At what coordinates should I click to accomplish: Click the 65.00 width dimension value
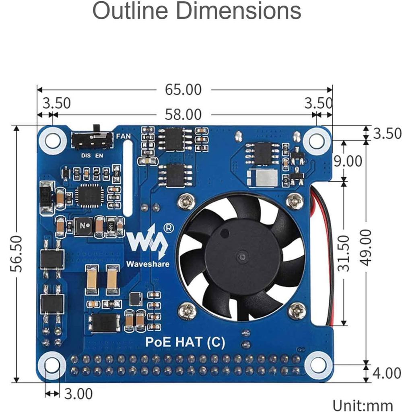click(x=183, y=90)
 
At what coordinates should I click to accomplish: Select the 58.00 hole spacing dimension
click(x=183, y=115)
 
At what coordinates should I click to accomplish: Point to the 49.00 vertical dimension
click(x=366, y=247)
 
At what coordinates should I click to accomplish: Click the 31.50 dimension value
click(x=344, y=253)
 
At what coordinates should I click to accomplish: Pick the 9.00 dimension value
click(x=348, y=161)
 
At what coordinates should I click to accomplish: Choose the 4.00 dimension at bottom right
click(x=387, y=373)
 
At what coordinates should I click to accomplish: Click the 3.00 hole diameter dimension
click(x=78, y=393)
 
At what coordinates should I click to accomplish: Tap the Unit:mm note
click(x=363, y=405)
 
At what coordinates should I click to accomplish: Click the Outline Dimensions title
click(x=197, y=11)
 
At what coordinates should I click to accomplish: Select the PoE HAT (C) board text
click(x=185, y=342)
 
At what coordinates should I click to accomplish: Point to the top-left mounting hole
click(x=52, y=140)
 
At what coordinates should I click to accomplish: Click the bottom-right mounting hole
click(x=318, y=365)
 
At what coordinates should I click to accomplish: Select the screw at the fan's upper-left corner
click(x=186, y=201)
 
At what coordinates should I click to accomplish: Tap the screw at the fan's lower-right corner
click(x=297, y=310)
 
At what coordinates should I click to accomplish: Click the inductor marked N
click(x=84, y=227)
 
